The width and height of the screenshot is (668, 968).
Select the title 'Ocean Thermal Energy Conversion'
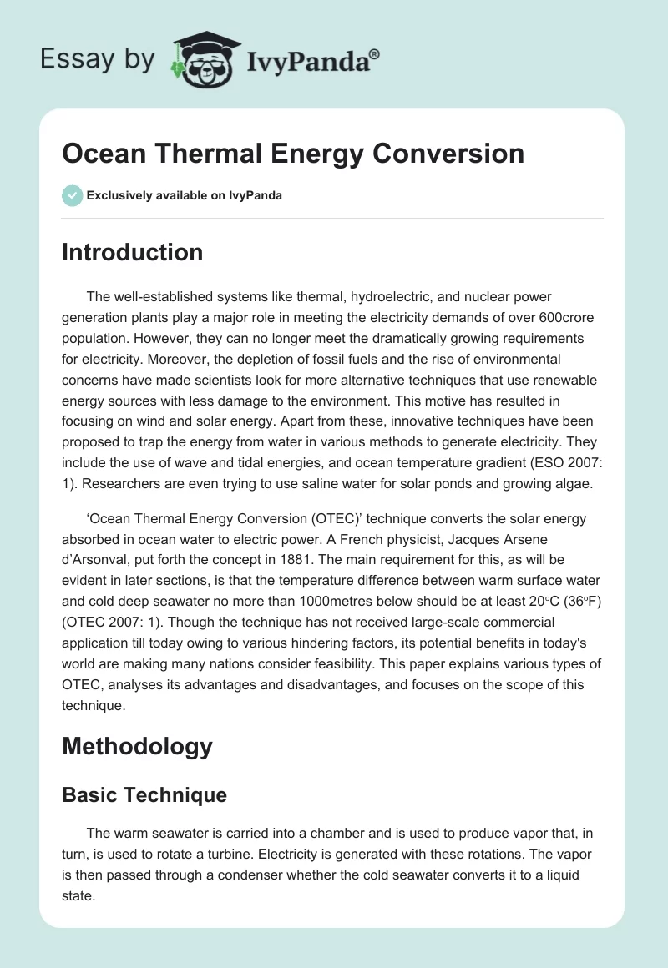[x=293, y=154]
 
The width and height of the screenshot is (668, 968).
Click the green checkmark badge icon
[x=71, y=195]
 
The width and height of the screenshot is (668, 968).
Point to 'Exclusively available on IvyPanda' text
[x=184, y=196]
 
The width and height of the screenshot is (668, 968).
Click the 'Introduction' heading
[x=132, y=252]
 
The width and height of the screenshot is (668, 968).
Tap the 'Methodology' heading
[x=137, y=745]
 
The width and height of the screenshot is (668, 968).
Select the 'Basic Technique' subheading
[x=144, y=794]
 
